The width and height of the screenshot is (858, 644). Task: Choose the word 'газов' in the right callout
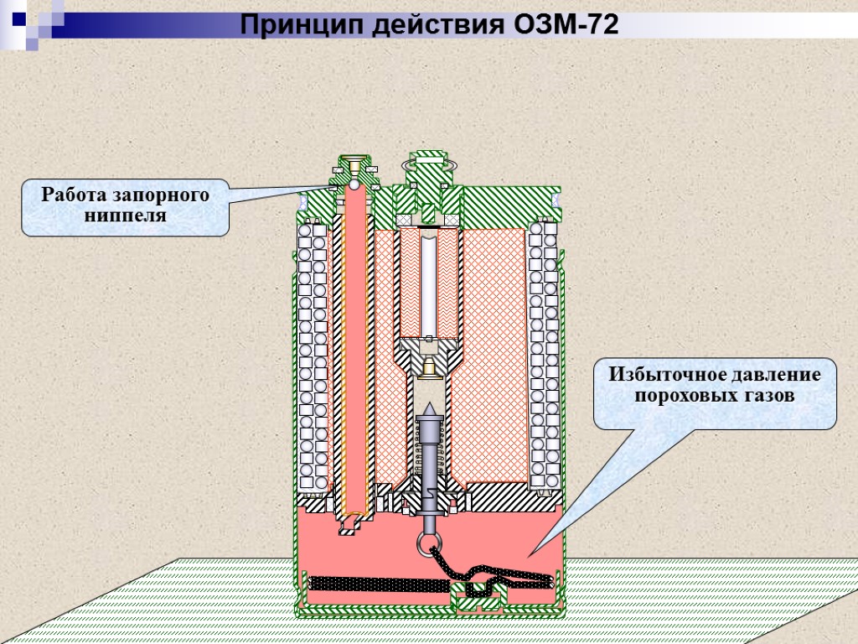pyautogui.click(x=766, y=395)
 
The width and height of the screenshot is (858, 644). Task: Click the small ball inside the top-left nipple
pyautogui.click(x=354, y=184)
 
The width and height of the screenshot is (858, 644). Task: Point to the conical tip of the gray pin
pyautogui.click(x=428, y=410)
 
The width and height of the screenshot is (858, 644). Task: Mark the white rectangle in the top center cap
pyautogui.click(x=429, y=159)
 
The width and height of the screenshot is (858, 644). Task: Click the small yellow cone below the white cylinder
pyautogui.click(x=429, y=366)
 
